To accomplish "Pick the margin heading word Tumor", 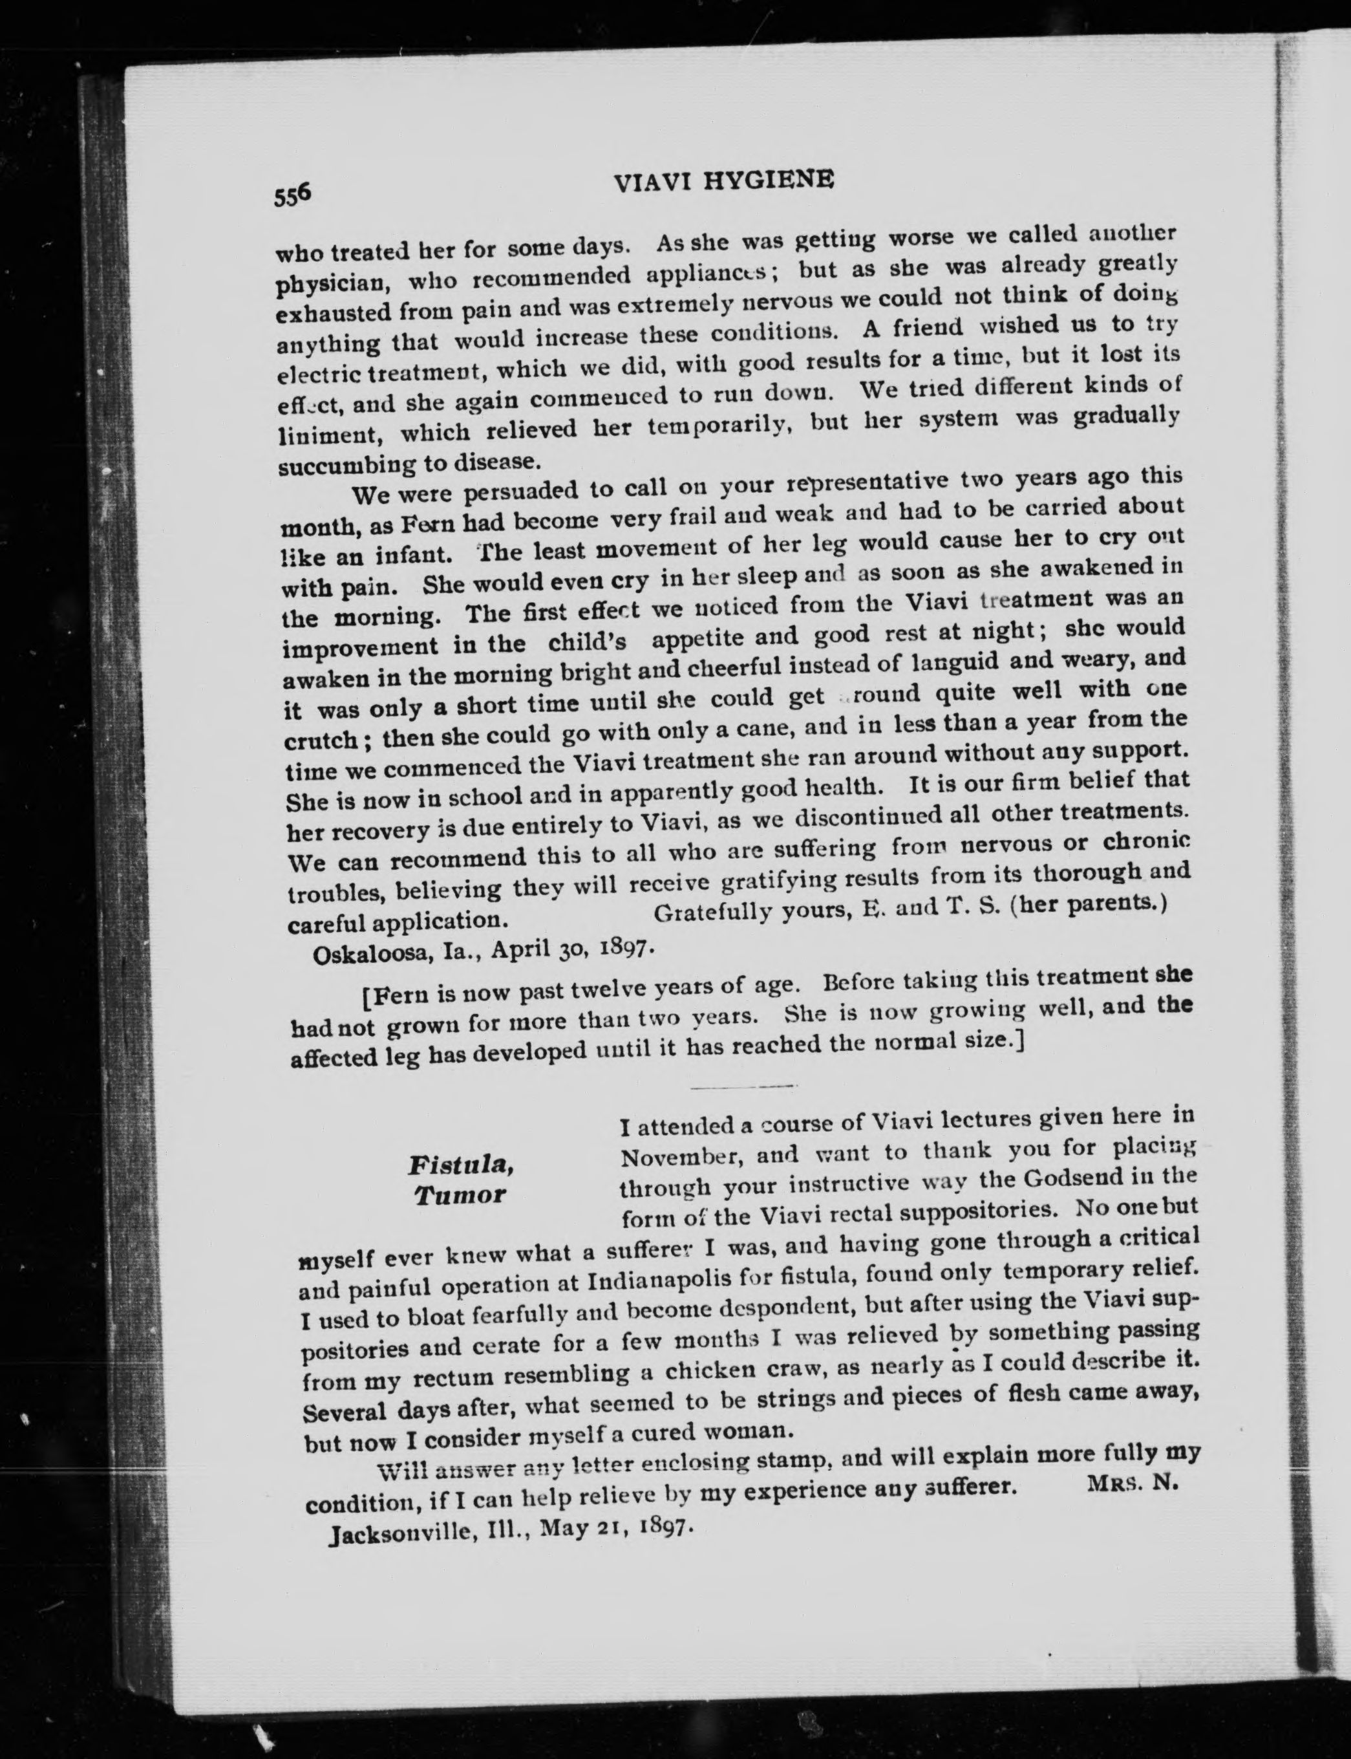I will [460, 1195].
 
